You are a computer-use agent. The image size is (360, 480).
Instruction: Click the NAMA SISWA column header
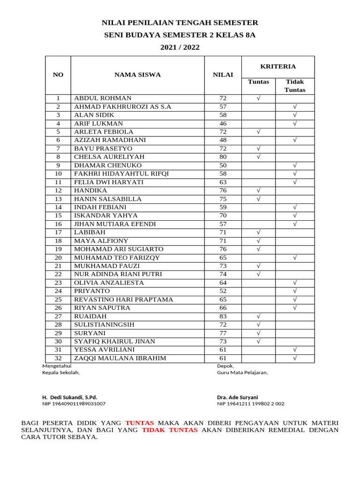pyautogui.click(x=137, y=75)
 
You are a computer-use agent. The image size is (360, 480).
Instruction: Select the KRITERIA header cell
pyautogui.click(x=278, y=67)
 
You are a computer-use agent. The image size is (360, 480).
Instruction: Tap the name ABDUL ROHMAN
pyautogui.click(x=103, y=98)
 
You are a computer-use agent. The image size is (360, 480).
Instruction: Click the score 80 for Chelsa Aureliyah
pyautogui.click(x=223, y=157)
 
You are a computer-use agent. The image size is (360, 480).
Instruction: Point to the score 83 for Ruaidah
pyautogui.click(x=223, y=316)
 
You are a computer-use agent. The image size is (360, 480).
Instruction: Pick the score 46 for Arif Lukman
pyautogui.click(x=223, y=124)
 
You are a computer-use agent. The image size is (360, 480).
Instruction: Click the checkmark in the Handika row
pyautogui.click(x=258, y=191)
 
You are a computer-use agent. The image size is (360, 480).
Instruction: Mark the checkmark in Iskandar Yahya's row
pyautogui.click(x=295, y=216)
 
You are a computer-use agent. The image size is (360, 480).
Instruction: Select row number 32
pyautogui.click(x=58, y=359)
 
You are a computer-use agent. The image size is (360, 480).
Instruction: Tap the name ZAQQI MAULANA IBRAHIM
pyautogui.click(x=120, y=359)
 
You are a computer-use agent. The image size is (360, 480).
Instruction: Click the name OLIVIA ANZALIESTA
pyautogui.click(x=109, y=283)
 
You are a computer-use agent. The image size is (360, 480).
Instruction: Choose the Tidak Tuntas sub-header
pyautogui.click(x=295, y=86)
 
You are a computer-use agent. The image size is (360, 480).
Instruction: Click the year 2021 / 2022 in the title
pyautogui.click(x=180, y=47)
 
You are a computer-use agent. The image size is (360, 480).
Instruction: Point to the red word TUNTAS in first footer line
pyautogui.click(x=139, y=423)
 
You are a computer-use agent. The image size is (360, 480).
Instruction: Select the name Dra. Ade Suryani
pyautogui.click(x=237, y=397)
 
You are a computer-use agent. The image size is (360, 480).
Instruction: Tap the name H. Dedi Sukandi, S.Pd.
pyautogui.click(x=70, y=397)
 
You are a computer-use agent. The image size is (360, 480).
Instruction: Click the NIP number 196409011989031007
pyautogui.click(x=74, y=404)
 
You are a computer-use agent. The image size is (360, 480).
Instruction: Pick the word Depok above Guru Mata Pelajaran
pyautogui.click(x=225, y=366)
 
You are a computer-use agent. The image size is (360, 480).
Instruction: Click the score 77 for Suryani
pyautogui.click(x=223, y=333)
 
